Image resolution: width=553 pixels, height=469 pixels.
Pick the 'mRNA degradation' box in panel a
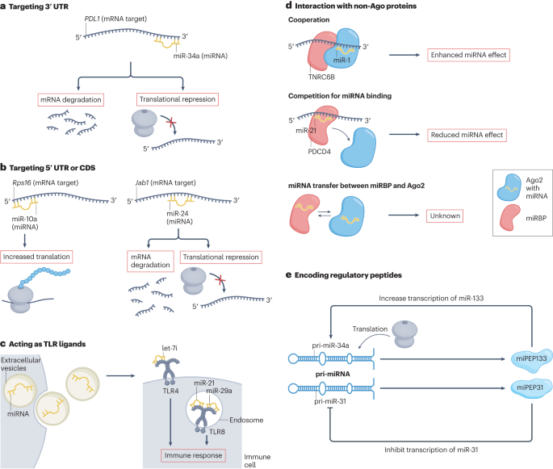click(x=72, y=100)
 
